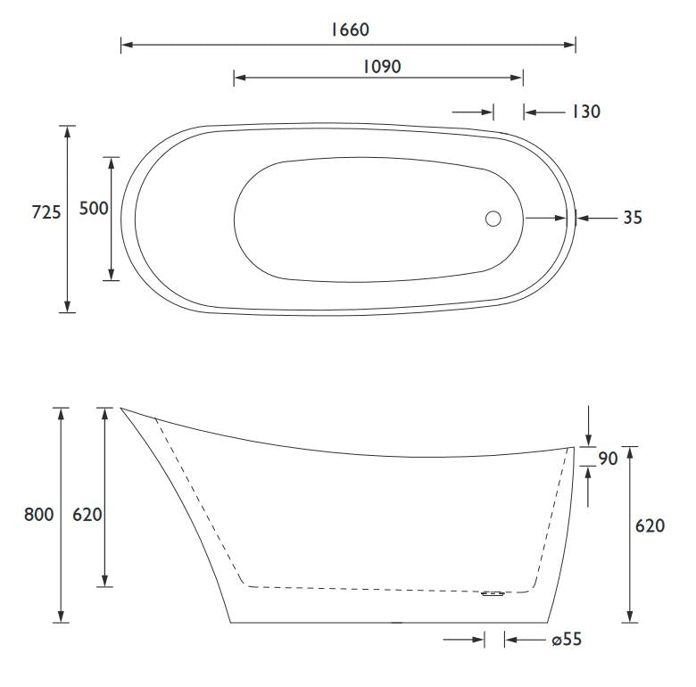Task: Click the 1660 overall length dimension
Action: click(x=350, y=29)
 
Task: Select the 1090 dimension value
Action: click(x=382, y=67)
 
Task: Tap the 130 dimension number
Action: click(x=586, y=112)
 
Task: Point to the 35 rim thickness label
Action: click(x=633, y=218)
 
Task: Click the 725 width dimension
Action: click(x=46, y=212)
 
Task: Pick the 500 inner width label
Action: click(x=94, y=208)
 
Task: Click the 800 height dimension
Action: click(x=38, y=515)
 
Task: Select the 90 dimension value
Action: click(x=609, y=459)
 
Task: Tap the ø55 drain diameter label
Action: click(x=567, y=640)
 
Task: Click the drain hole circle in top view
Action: click(x=493, y=219)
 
